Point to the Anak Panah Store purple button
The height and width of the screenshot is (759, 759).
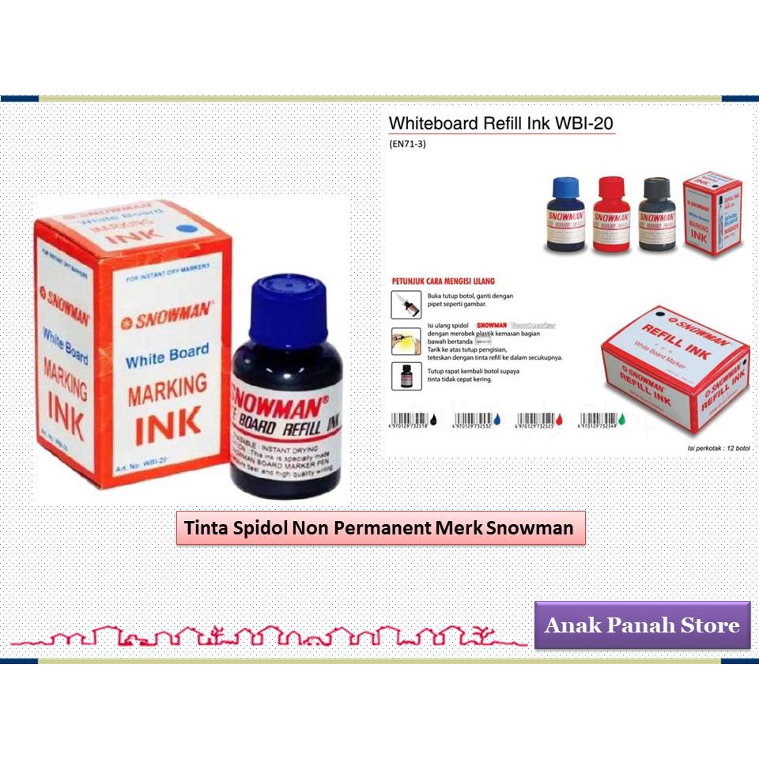pos(642,625)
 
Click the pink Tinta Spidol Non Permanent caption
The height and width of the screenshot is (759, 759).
pos(380,527)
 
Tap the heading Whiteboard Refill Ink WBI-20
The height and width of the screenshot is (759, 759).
pos(501,124)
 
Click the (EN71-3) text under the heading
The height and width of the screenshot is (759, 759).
pos(408,144)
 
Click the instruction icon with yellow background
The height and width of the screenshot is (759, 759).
pos(402,340)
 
